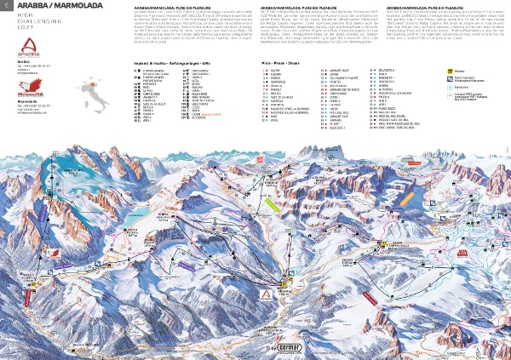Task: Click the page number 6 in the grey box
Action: [9, 8]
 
